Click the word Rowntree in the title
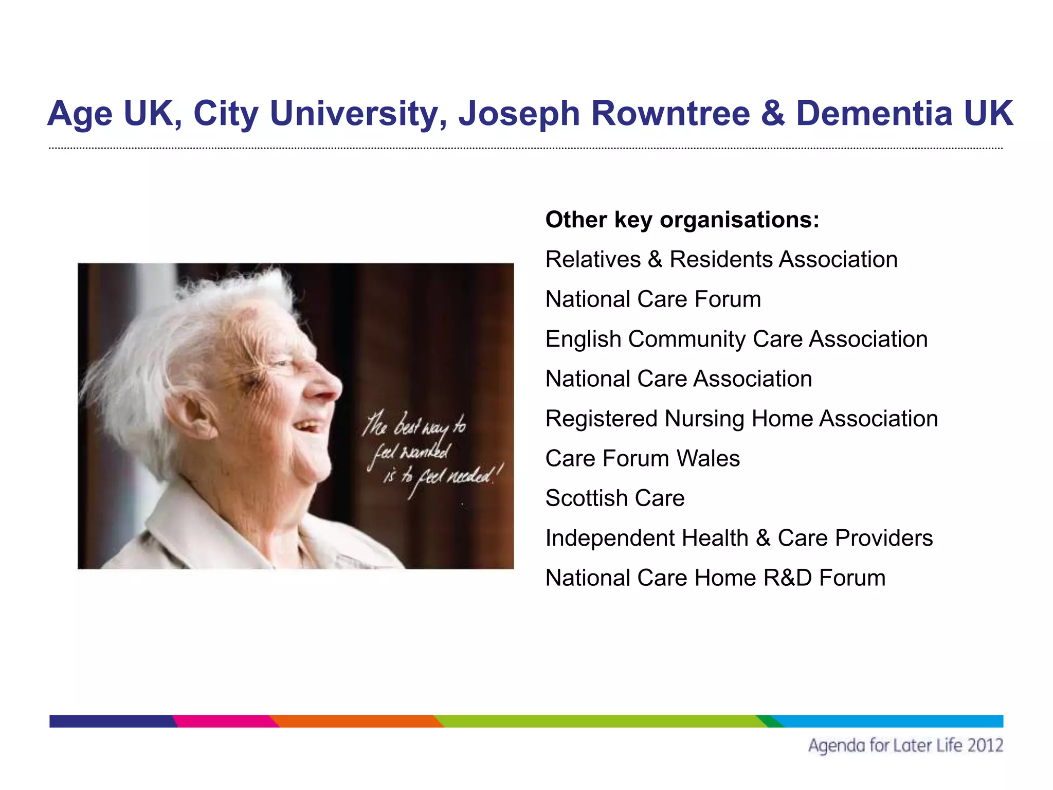coord(670,114)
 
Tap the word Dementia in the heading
coord(874,114)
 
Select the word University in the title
coord(354,114)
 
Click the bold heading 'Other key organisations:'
coord(682,220)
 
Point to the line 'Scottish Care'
coord(615,498)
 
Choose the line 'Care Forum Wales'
coord(642,459)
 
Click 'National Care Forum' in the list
coord(653,299)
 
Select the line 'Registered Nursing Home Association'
coord(741,419)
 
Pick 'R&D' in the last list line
coord(787,578)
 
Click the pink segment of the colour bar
coord(224,721)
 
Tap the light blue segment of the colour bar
coord(889,721)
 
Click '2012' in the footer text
coord(985,746)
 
